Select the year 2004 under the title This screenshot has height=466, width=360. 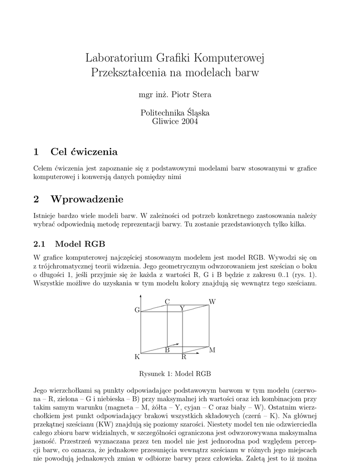[x=190, y=122]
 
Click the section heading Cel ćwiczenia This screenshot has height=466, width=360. [x=84, y=152]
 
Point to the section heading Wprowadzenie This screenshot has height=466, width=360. [x=87, y=199]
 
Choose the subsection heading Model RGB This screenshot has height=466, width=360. [x=80, y=244]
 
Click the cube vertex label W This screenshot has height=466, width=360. [x=212, y=302]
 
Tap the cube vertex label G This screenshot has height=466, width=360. [x=137, y=310]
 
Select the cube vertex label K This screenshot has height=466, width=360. [x=137, y=357]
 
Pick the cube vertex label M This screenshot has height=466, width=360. [x=212, y=350]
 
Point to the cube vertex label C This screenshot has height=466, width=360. [x=167, y=302]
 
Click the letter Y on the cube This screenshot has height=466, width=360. [x=182, y=309]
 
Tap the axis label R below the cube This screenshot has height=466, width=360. [x=184, y=357]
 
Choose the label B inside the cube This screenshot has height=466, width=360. [x=167, y=350]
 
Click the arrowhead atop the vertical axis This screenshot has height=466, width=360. [x=142, y=296]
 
